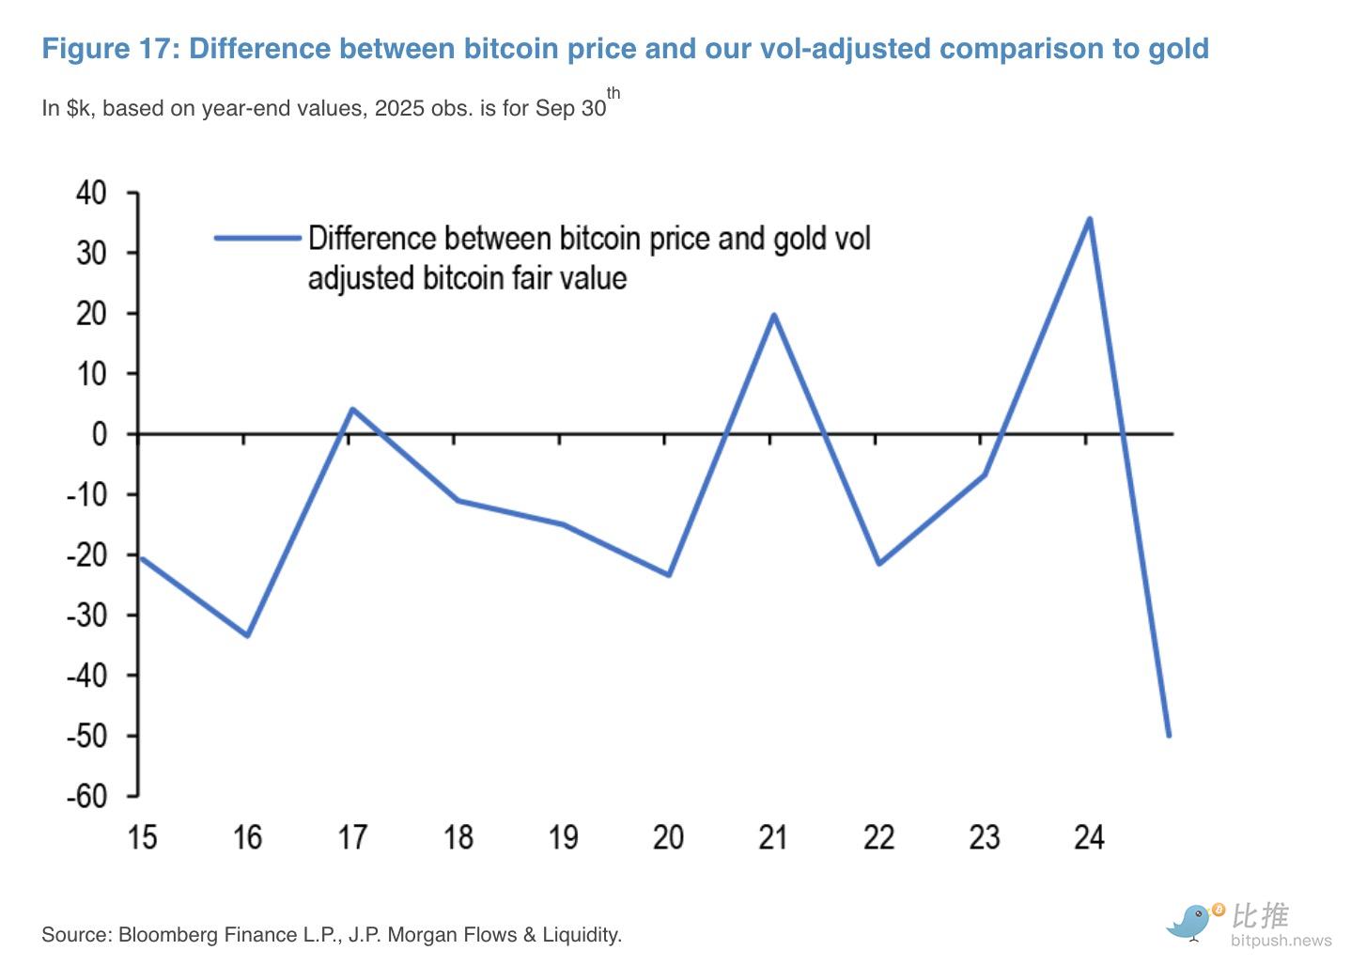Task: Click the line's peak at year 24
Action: pyautogui.click(x=1089, y=220)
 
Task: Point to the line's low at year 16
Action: pyautogui.click(x=247, y=635)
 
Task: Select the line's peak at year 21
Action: pyautogui.click(x=773, y=315)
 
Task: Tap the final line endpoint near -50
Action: pyautogui.click(x=1168, y=735)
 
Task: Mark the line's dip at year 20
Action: pyautogui.click(x=668, y=574)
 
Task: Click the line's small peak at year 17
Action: pyautogui.click(x=351, y=410)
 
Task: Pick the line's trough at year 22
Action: pyautogui.click(x=878, y=563)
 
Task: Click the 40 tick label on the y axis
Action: pyautogui.click(x=91, y=194)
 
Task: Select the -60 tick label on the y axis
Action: pyautogui.click(x=86, y=796)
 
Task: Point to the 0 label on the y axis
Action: pyautogui.click(x=100, y=434)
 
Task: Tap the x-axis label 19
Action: pyautogui.click(x=562, y=837)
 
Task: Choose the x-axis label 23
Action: pyautogui.click(x=984, y=837)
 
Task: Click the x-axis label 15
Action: pyautogui.click(x=142, y=837)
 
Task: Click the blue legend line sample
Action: pyautogui.click(x=256, y=238)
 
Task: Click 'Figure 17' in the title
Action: pyautogui.click(x=109, y=49)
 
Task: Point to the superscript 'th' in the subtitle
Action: pyautogui.click(x=613, y=93)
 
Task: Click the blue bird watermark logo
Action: pyautogui.click(x=1190, y=921)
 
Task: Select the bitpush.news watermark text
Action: pyautogui.click(x=1281, y=940)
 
